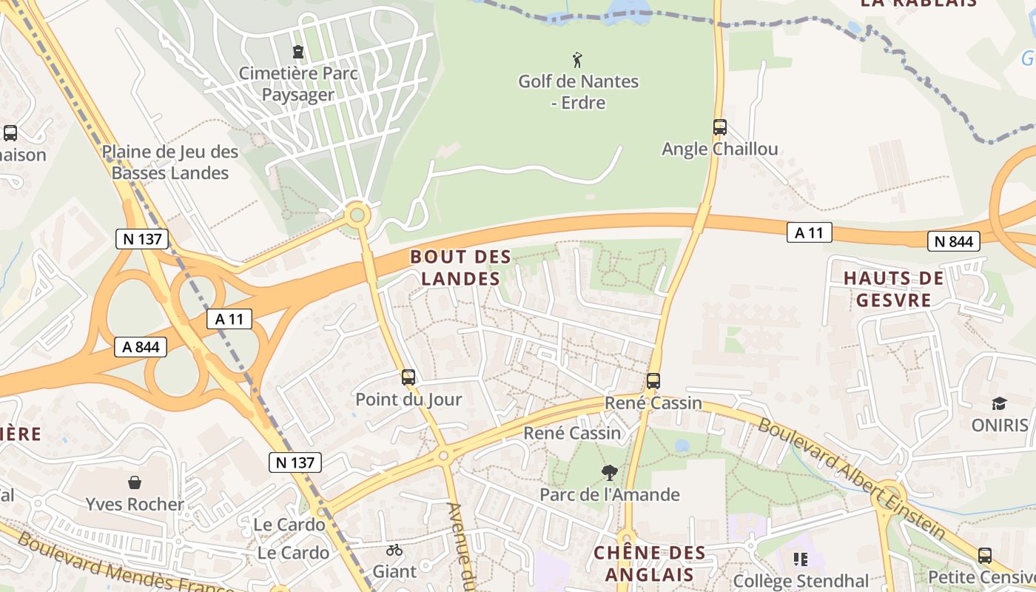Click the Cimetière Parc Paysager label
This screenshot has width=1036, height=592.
[298, 84]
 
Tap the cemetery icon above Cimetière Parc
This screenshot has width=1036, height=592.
[298, 52]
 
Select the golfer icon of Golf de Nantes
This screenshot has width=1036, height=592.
[578, 59]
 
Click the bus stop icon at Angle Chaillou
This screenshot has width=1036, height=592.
[720, 127]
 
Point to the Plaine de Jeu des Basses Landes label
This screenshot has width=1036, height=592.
[170, 162]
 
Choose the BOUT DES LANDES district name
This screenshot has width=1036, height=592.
[460, 268]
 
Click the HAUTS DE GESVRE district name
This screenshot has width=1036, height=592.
[894, 289]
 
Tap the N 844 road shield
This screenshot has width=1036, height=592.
[954, 241]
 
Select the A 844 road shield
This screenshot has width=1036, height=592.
[141, 346]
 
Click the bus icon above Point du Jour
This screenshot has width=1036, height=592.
[408, 377]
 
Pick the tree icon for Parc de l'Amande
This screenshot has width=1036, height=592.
[610, 472]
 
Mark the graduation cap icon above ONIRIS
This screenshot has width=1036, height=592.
[1000, 403]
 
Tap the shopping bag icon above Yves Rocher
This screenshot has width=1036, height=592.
[135, 482]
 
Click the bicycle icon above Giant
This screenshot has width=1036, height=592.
[394, 551]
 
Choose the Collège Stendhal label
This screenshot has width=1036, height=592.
[801, 582]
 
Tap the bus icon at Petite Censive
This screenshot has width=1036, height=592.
[985, 556]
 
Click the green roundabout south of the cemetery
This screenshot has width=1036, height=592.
[358, 215]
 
